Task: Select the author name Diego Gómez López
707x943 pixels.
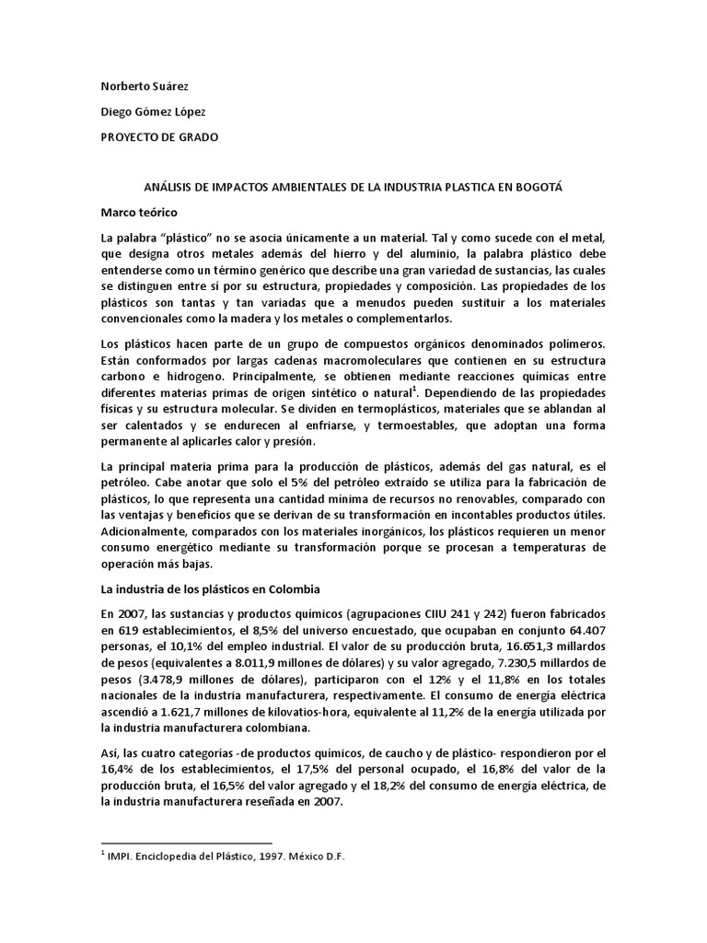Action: pyautogui.click(x=153, y=111)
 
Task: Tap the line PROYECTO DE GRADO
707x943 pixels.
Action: pyautogui.click(x=159, y=136)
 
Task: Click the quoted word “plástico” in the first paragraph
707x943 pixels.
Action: pyautogui.click(x=187, y=239)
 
